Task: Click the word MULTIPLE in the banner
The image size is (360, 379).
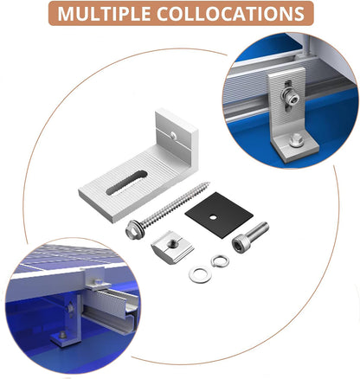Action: click(x=104, y=14)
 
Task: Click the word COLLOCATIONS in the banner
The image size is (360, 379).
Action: click(x=230, y=14)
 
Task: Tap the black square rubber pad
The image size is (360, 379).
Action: click(x=219, y=215)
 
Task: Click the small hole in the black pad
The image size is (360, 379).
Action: click(x=213, y=216)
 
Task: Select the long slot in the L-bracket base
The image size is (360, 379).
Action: click(x=127, y=183)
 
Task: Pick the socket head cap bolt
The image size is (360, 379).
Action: click(x=250, y=237)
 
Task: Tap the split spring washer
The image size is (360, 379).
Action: click(x=220, y=261)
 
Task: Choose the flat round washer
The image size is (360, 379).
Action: click(x=200, y=275)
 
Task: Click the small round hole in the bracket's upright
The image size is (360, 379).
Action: click(x=173, y=134)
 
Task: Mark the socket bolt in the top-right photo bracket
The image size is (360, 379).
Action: click(x=289, y=97)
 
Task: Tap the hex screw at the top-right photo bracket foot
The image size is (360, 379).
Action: click(x=296, y=141)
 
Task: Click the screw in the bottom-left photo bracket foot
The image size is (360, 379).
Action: click(x=62, y=335)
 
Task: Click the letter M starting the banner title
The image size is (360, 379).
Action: click(x=67, y=14)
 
